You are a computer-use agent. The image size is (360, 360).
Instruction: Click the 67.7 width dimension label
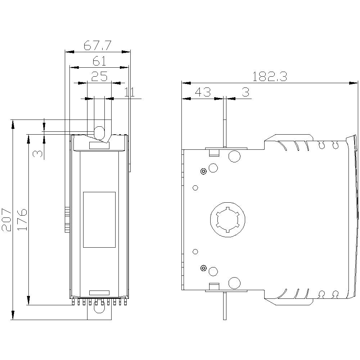tap(98, 45)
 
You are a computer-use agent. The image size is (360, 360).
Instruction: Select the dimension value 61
tap(99, 61)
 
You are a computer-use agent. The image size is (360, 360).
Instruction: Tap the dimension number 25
tap(99, 76)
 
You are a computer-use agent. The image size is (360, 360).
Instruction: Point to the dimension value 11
tap(129, 92)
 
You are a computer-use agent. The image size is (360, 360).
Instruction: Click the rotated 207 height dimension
tap(7, 220)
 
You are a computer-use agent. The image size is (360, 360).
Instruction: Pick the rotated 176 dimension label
tap(22, 220)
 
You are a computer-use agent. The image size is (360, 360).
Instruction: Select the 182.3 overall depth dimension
tap(269, 77)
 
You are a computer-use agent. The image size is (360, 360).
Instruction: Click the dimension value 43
tap(202, 92)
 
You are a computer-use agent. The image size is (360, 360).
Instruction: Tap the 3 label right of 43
tap(245, 92)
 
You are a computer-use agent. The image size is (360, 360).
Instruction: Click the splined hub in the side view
tap(228, 220)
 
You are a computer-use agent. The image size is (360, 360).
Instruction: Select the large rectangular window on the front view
tap(99, 220)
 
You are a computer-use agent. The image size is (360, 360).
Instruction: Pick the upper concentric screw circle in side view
tap(204, 171)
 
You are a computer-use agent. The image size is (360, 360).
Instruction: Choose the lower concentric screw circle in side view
tap(204, 268)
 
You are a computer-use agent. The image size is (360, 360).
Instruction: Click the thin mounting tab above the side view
tap(225, 122)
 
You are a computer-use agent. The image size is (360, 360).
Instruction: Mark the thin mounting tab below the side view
tap(225, 306)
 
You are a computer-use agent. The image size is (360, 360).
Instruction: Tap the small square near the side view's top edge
tap(214, 153)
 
